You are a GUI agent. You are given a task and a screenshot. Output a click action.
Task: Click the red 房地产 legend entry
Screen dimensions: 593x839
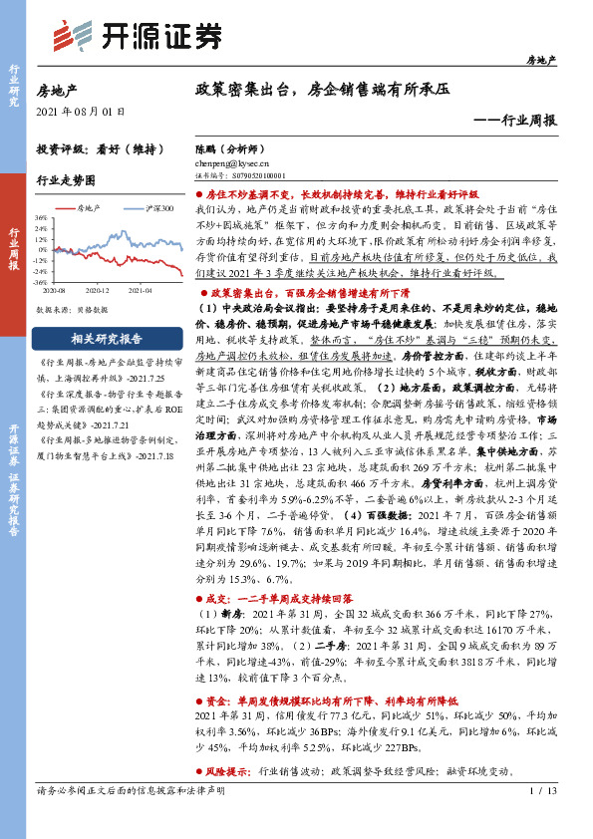(x=96, y=208)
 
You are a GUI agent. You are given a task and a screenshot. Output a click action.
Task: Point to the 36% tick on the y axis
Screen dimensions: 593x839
(x=41, y=216)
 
